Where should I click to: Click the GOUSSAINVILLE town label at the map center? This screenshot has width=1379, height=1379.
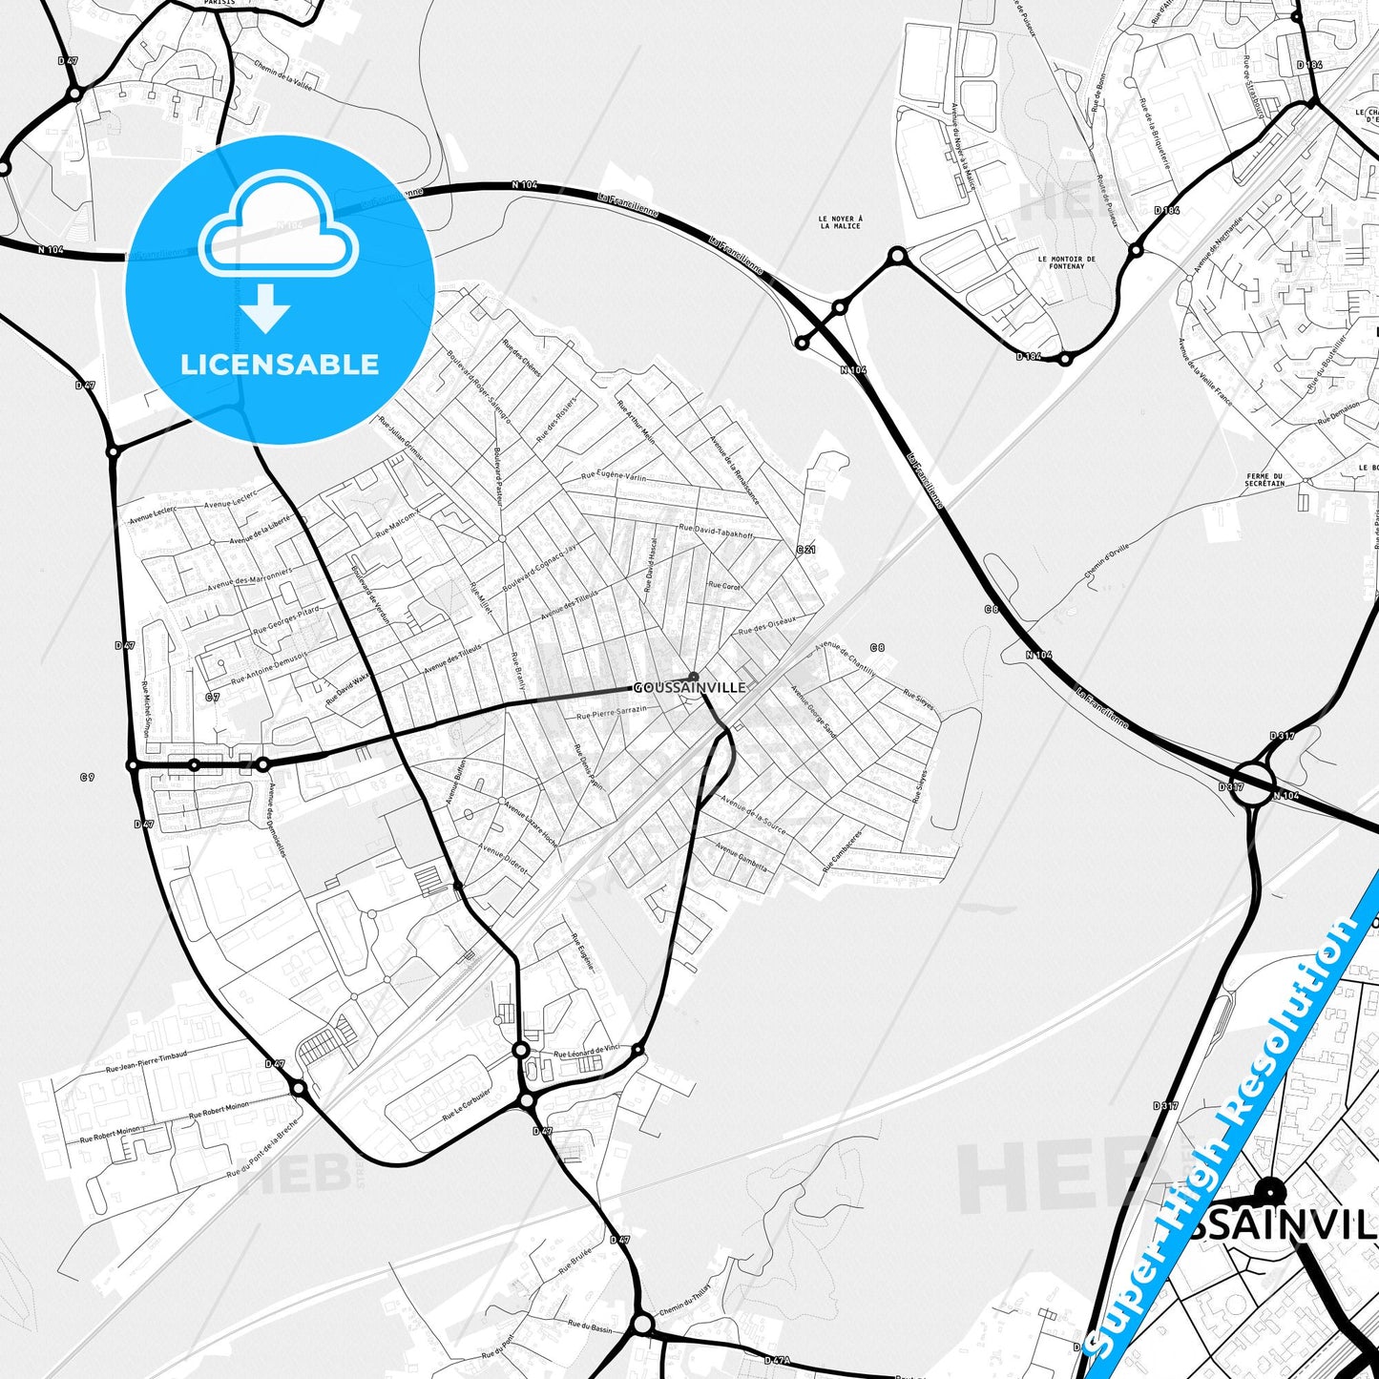[x=689, y=687]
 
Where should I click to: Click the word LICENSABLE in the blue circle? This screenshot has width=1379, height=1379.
[x=280, y=365]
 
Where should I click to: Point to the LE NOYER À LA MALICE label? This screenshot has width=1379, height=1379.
[x=840, y=222]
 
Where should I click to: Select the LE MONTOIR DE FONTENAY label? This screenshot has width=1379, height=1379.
[x=1066, y=262]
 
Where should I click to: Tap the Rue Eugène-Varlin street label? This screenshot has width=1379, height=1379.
[x=614, y=475]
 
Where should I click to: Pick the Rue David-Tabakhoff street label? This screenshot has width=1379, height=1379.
[x=716, y=531]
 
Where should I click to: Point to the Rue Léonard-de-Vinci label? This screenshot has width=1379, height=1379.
[x=587, y=1052]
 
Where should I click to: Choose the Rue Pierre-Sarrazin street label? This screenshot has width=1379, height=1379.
[x=612, y=712]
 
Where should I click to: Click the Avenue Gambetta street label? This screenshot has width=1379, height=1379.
[x=741, y=856]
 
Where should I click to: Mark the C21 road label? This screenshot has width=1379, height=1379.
[x=806, y=550]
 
